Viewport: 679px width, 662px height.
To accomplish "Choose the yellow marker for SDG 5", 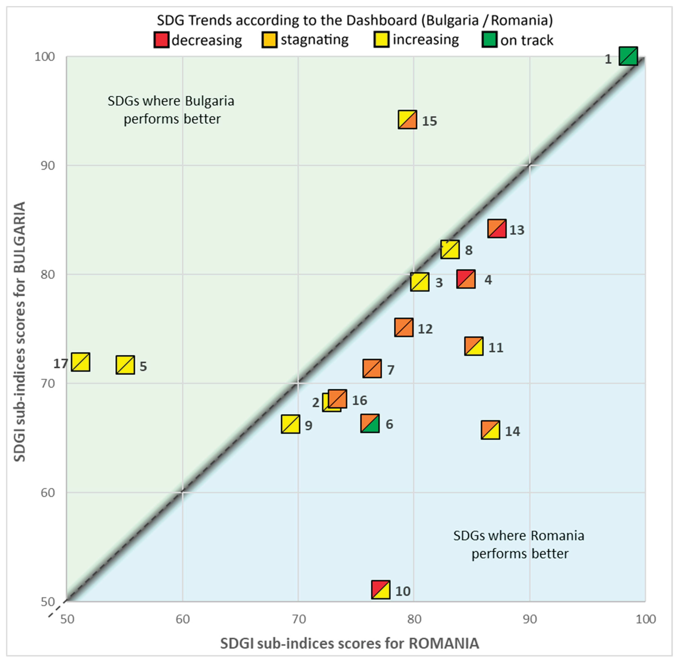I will point(125,365).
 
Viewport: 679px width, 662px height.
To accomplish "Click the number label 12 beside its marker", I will point(425,329).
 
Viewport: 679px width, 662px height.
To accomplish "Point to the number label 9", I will point(308,425).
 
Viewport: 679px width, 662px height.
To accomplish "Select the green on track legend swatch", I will point(490,40).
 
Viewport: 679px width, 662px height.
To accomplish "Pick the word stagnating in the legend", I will point(314,40).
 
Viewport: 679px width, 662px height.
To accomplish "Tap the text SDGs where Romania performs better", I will point(519,544).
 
